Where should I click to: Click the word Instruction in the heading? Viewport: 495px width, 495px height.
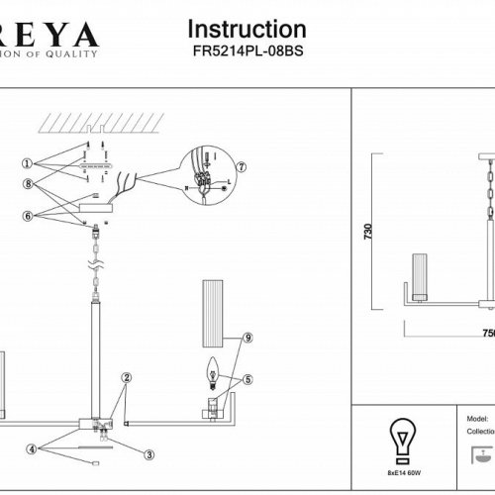247,30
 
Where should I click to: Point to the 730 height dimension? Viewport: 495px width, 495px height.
369,234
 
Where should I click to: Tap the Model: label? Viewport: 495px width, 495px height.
475,418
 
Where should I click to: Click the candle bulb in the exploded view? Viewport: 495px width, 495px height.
211,372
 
